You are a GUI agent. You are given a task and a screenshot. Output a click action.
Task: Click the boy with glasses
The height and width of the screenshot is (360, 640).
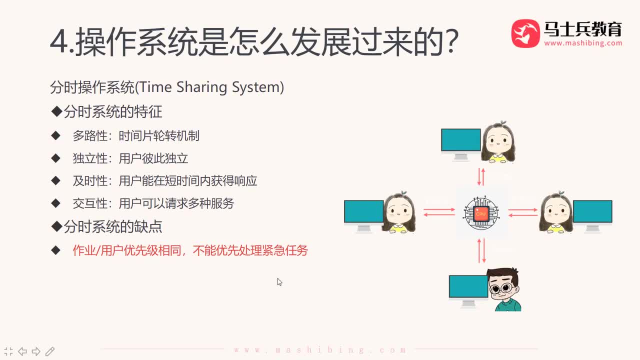tap(504, 290)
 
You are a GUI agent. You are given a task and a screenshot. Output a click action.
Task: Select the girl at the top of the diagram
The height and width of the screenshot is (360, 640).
tap(498, 143)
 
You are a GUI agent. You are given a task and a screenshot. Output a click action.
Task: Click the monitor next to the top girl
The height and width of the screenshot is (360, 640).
tap(460, 143)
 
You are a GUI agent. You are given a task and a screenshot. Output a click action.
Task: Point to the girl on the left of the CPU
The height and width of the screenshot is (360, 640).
tap(399, 213)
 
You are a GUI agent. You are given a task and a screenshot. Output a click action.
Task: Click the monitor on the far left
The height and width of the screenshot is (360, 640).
tap(363, 214)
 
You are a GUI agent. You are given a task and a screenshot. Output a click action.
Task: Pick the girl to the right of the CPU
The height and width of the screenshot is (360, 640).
tap(556, 213)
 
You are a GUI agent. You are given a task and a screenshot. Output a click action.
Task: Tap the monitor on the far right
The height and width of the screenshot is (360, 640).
tap(592, 214)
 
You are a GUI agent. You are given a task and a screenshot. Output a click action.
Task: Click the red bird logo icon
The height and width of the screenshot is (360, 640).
tap(525, 33)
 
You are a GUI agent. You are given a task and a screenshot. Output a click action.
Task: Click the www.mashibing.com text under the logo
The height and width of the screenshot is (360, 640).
tap(583, 43)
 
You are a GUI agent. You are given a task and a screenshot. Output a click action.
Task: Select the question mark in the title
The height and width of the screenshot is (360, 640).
tap(451, 43)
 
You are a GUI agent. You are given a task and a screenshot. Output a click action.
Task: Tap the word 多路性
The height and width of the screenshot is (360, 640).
tap(90, 135)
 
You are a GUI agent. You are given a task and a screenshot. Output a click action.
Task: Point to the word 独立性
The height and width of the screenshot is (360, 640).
tap(90, 158)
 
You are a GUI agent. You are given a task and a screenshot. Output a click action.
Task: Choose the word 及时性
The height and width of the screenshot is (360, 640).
tap(90, 180)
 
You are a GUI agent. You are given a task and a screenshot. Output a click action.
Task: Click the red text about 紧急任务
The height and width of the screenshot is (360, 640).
tap(190, 250)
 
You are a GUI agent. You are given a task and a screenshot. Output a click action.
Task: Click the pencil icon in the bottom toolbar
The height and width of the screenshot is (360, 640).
tap(50, 351)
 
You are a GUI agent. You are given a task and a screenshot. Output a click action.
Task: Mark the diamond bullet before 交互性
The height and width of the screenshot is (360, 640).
tap(55, 203)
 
